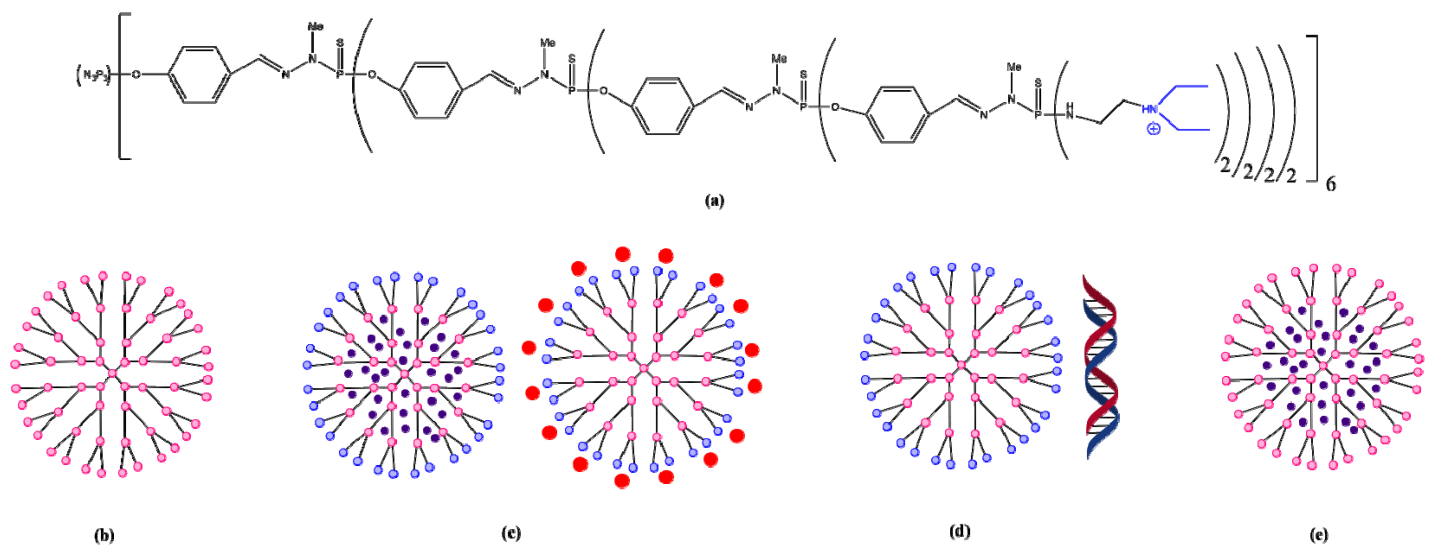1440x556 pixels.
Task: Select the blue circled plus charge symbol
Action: point(1153,129)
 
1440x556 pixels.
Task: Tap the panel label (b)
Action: point(104,535)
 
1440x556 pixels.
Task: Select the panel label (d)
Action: point(959,531)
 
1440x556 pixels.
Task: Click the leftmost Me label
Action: point(315,26)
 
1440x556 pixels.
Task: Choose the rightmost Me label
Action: point(1014,67)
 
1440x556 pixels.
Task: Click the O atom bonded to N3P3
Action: point(136,74)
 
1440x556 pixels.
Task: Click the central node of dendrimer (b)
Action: point(112,373)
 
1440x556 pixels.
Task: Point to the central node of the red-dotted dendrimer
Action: point(644,368)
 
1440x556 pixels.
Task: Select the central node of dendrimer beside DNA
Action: point(962,365)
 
